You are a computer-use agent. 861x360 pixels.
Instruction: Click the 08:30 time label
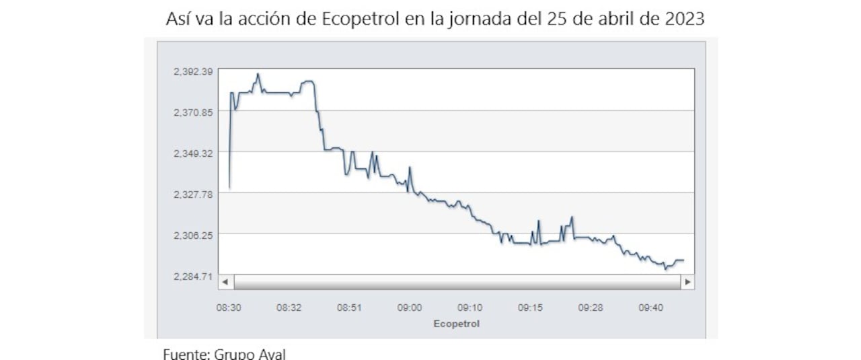[x=229, y=308]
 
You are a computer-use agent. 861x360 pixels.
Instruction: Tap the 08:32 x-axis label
[x=289, y=308]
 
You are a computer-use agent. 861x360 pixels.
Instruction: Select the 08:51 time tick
[x=349, y=308]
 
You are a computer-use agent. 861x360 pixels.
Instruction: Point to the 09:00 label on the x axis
[x=410, y=308]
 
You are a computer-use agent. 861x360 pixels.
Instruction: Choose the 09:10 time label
[x=470, y=308]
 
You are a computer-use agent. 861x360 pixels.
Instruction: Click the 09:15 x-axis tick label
[x=530, y=308]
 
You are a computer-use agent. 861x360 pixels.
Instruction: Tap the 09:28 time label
[x=590, y=308]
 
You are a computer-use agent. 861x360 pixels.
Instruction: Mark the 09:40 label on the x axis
[x=650, y=308]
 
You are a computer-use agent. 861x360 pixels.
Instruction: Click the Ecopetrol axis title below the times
[x=457, y=324]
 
